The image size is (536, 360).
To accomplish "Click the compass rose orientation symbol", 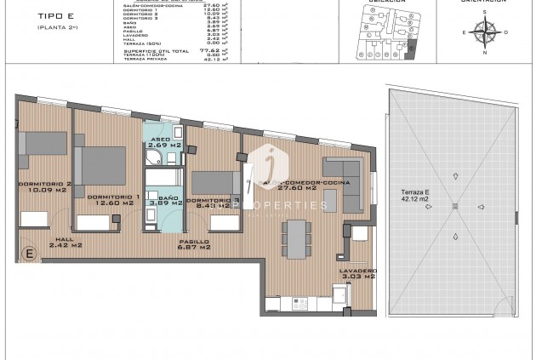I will (487, 32).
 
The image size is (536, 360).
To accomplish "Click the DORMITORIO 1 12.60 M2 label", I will (111, 199).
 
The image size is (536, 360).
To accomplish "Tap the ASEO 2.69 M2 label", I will (163, 142).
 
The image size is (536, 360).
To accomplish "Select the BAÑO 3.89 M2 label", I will (165, 200).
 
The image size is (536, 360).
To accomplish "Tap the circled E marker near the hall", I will (29, 254).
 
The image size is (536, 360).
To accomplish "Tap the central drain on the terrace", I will (455, 206).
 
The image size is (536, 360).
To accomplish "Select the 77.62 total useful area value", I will (202, 50).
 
